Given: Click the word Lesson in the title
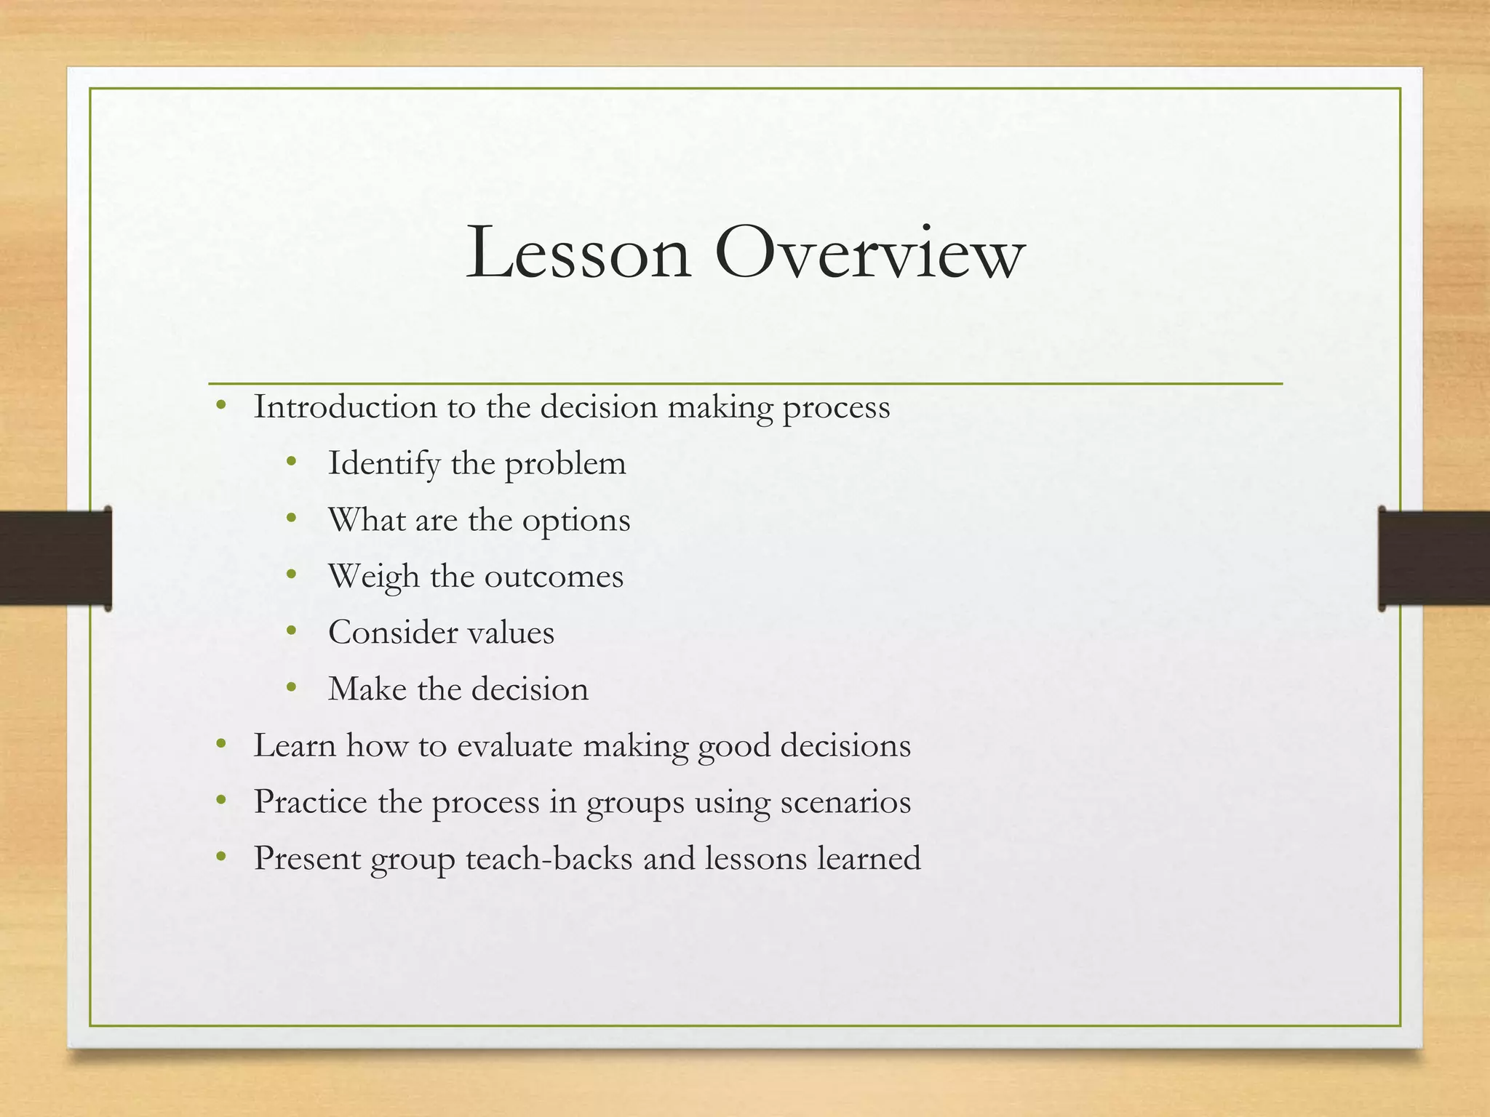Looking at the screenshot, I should (578, 253).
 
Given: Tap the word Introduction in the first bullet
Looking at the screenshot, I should (345, 407).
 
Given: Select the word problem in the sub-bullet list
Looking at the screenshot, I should (565, 464).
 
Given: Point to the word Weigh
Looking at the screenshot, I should (374, 577).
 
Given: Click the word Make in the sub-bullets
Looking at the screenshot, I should (367, 689).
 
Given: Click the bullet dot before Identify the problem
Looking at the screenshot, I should (292, 462).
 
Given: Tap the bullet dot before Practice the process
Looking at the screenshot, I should (221, 801).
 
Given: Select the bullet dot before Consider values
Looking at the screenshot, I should (292, 631).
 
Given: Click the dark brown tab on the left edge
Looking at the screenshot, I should (55, 558).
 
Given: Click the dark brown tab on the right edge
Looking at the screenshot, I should (1434, 558).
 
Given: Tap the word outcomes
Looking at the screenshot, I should (554, 577).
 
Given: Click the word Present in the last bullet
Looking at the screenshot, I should (307, 858).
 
